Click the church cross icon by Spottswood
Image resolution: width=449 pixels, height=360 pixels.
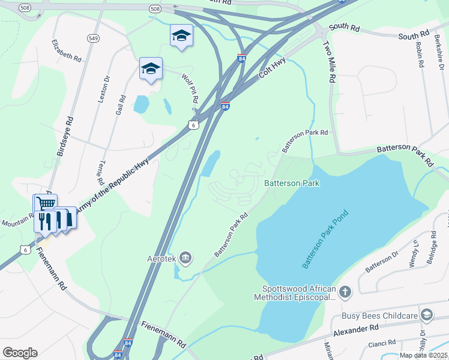pyautogui.click(x=345, y=292)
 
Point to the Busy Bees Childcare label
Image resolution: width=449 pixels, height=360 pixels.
pyautogui.click(x=379, y=316)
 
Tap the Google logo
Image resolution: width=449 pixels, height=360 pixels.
pyautogui.click(x=20, y=352)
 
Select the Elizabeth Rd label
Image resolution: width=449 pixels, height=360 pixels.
pyautogui.click(x=66, y=51)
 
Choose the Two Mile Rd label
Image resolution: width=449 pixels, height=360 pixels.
pyautogui.click(x=329, y=63)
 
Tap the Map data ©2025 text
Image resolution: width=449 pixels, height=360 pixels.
pyautogui.click(x=423, y=355)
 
